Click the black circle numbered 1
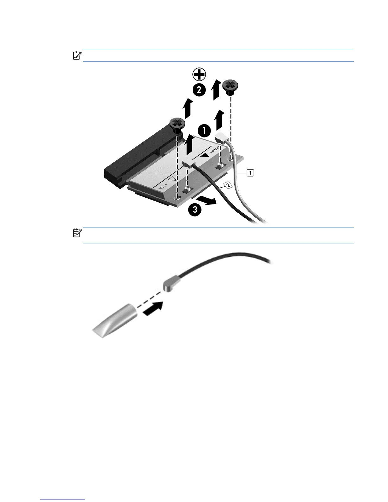click(204, 130)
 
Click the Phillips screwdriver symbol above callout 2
click(198, 75)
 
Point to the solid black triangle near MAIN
click(206, 155)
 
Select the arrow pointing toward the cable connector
click(153, 309)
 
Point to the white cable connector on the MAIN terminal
click(222, 138)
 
